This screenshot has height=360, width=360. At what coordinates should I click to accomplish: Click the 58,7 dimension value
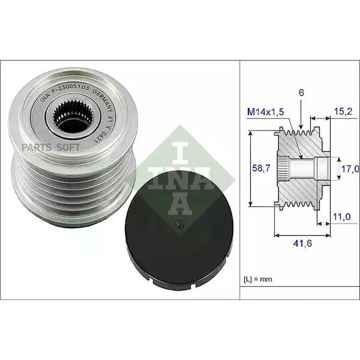[261, 168]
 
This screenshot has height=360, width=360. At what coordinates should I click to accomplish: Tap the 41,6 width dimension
[303, 243]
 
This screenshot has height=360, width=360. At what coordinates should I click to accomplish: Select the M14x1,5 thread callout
[266, 112]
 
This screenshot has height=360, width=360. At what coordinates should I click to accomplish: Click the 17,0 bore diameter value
[350, 169]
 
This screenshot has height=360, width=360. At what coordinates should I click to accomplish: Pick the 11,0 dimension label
[342, 216]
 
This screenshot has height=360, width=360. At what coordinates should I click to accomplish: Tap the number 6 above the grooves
[301, 93]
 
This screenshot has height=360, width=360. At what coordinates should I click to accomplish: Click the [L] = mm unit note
[258, 280]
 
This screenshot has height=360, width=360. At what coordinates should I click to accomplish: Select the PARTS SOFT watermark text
[51, 147]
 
